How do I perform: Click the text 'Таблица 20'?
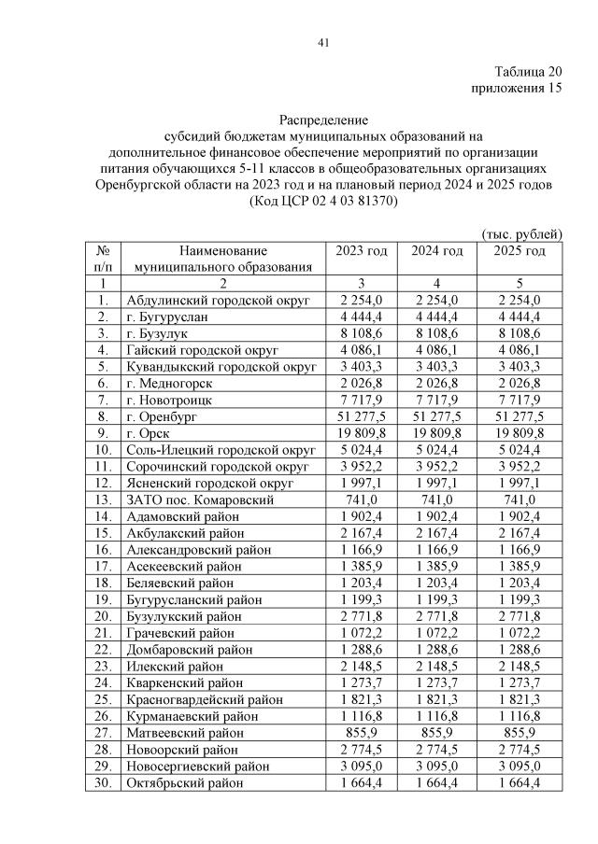(x=528, y=72)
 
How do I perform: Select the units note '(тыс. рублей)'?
(x=520, y=233)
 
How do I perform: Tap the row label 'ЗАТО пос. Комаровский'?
(x=199, y=500)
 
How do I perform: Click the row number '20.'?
(x=103, y=616)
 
